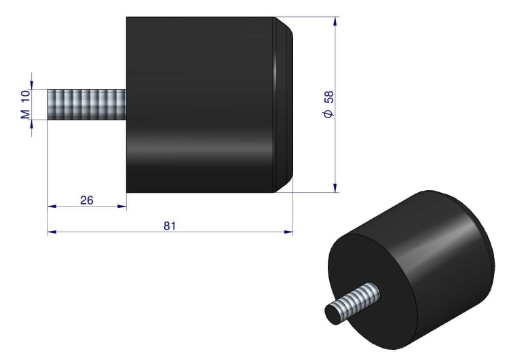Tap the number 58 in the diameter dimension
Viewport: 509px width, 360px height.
click(328, 97)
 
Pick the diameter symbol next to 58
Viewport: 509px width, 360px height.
click(328, 115)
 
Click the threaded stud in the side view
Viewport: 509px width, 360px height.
click(87, 105)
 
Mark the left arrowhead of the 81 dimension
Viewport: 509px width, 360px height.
click(51, 232)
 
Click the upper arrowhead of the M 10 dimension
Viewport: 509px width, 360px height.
click(31, 84)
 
